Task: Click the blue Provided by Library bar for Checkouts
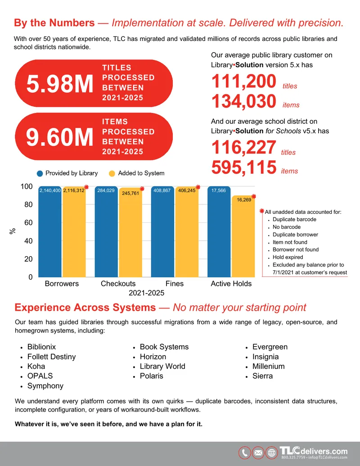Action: coord(106,232)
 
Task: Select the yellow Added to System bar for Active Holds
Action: coord(243,236)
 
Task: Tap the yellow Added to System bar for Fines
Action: coord(187,232)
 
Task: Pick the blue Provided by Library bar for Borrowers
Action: coord(50,232)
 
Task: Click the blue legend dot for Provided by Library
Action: coord(40,173)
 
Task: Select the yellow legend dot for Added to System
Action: coord(112,173)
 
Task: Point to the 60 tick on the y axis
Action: coord(28,222)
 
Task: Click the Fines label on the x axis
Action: coord(175,284)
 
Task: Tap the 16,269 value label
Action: coord(244,200)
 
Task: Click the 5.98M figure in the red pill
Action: coord(60,84)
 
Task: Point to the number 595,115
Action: coord(244,167)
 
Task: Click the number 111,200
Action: coord(244,81)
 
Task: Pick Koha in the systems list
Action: coord(36,366)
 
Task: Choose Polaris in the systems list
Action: coord(152,376)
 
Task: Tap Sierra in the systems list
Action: coord(262,376)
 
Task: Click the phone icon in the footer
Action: coord(245,453)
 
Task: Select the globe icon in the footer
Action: coord(271,453)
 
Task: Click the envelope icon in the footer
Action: coord(258,453)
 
